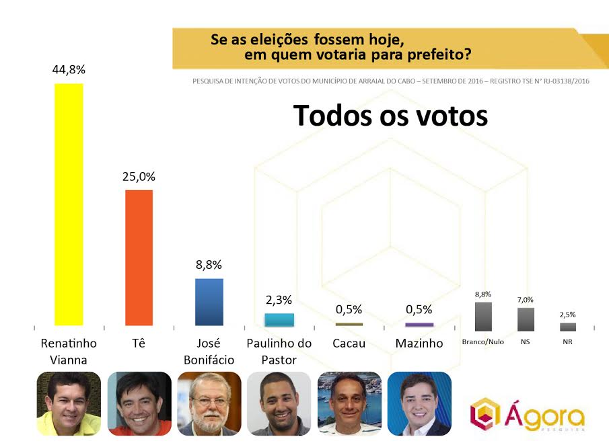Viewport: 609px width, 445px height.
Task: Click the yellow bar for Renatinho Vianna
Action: click(x=68, y=204)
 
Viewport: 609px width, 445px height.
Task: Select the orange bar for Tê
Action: click(x=139, y=258)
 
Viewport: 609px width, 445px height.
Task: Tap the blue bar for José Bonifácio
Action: click(x=209, y=302)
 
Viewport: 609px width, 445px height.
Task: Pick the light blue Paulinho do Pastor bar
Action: click(x=279, y=319)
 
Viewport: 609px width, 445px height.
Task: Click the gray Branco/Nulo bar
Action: click(x=483, y=317)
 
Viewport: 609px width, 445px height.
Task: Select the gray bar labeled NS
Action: click(x=526, y=319)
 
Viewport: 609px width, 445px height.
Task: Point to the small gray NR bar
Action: click(x=568, y=327)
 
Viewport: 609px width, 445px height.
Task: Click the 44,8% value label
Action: click(x=68, y=70)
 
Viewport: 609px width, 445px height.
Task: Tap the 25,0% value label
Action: click(x=139, y=177)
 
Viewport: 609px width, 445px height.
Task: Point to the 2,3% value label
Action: click(x=279, y=300)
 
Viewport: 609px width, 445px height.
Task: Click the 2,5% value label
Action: click(x=568, y=314)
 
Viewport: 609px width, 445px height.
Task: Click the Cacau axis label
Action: click(x=349, y=343)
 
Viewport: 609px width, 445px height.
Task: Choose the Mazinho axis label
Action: click(x=419, y=343)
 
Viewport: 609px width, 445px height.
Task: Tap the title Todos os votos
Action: click(x=390, y=116)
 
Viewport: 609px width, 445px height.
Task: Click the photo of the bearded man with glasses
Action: click(x=209, y=403)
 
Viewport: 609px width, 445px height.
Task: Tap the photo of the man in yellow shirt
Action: click(x=68, y=403)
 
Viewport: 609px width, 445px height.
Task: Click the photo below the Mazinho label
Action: click(x=419, y=403)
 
